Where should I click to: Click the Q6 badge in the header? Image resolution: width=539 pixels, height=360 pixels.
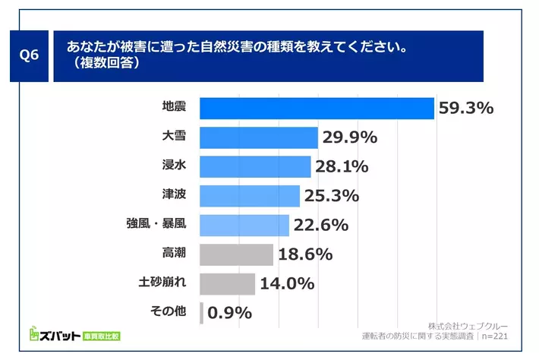[x=30, y=56]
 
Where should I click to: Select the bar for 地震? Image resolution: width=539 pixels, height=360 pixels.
[x=316, y=109]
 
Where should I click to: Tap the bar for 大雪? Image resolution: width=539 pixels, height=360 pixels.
[x=258, y=137]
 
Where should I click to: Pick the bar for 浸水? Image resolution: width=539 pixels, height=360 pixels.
[x=255, y=166]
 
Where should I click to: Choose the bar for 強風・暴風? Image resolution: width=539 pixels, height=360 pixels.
[x=244, y=225]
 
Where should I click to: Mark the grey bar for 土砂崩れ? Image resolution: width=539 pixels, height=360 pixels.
[x=227, y=283]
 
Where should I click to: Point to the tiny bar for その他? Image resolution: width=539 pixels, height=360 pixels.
[x=201, y=312]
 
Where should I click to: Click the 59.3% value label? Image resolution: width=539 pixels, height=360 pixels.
[x=466, y=109]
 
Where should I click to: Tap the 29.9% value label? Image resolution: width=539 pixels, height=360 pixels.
[x=350, y=137]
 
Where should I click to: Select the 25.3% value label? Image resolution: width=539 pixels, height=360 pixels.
[x=331, y=196]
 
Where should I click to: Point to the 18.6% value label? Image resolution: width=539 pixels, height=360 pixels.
[x=305, y=254]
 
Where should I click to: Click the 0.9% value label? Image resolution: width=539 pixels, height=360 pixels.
[x=229, y=312]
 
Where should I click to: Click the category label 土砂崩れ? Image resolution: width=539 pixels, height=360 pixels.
[x=163, y=283]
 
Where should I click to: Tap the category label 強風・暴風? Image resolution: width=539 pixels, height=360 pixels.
[x=156, y=225]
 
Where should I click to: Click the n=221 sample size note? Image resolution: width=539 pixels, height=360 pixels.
[x=493, y=335]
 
